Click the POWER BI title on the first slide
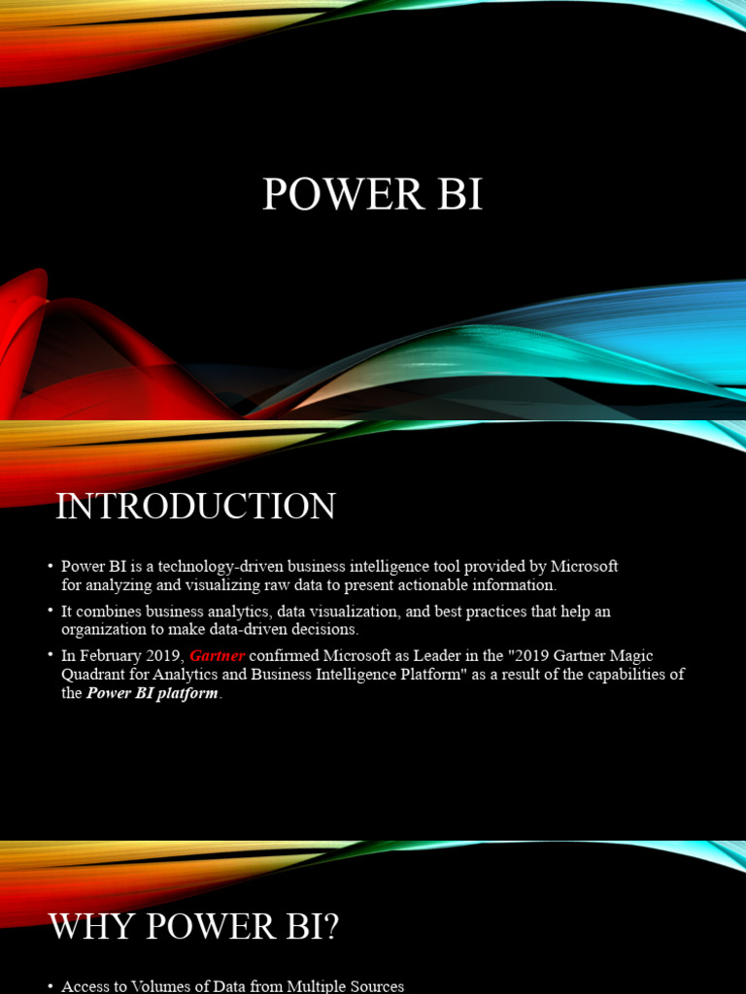pyautogui.click(x=372, y=194)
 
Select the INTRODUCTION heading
pyautogui.click(x=195, y=507)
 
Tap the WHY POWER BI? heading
pyautogui.click(x=194, y=927)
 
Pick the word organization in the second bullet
pyautogui.click(x=107, y=630)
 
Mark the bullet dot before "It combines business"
pyautogui.click(x=50, y=612)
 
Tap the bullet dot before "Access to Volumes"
pyautogui.click(x=50, y=986)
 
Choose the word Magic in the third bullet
pyautogui.click(x=628, y=656)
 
